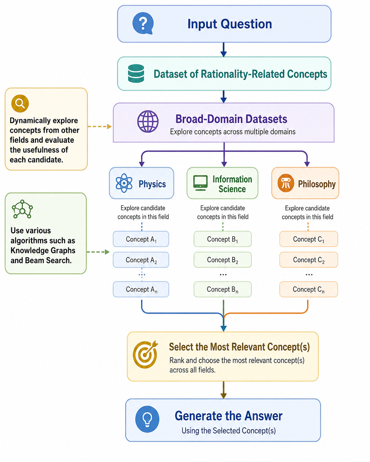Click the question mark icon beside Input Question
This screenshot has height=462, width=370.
click(143, 23)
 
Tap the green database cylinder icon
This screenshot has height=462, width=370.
click(136, 73)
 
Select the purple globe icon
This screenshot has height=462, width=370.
click(148, 121)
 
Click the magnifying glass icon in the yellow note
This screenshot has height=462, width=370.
click(20, 103)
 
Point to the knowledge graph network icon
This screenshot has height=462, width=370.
click(22, 209)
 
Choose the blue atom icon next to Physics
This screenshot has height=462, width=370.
click(124, 183)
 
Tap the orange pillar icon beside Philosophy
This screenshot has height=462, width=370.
click(286, 183)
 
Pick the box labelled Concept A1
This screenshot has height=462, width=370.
click(141, 239)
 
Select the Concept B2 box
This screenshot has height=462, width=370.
click(223, 260)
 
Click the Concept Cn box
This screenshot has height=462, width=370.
click(309, 289)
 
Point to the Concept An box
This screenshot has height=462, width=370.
click(141, 289)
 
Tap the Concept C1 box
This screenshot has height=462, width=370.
click(309, 239)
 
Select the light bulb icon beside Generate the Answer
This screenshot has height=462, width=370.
click(147, 419)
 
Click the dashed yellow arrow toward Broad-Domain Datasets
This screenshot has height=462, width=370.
click(100, 127)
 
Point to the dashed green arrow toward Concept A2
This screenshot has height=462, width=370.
click(98, 252)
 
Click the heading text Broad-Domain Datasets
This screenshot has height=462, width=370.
click(231, 119)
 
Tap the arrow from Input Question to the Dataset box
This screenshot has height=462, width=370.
click(224, 49)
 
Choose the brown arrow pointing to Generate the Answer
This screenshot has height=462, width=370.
click(224, 390)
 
